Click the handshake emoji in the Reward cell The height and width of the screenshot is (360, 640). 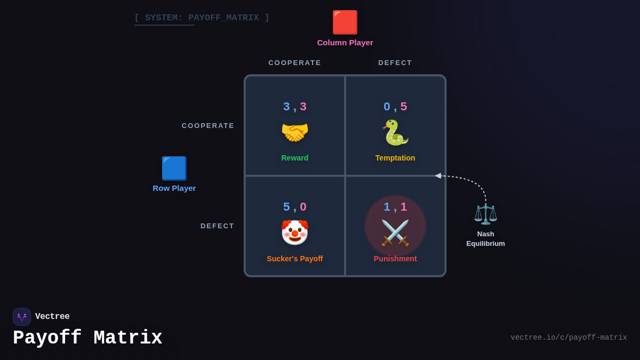pyautogui.click(x=295, y=132)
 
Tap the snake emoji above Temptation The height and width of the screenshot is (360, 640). pyautogui.click(x=395, y=132)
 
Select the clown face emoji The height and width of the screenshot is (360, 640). pyautogui.click(x=295, y=233)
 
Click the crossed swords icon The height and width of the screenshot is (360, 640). pyautogui.click(x=395, y=233)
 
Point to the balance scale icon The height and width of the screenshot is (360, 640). pyautogui.click(x=485, y=214)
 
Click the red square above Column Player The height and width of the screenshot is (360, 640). pyautogui.click(x=345, y=22)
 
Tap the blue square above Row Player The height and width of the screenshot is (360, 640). pyautogui.click(x=174, y=169)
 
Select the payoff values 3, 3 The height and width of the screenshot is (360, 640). pyautogui.click(x=295, y=107)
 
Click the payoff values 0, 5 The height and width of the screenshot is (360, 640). pyautogui.click(x=395, y=107)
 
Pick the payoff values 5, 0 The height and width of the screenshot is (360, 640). pyautogui.click(x=295, y=207)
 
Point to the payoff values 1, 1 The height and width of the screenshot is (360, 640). pyautogui.click(x=395, y=207)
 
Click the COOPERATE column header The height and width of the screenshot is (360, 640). pyautogui.click(x=295, y=63)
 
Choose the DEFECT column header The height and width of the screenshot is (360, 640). pyautogui.click(x=395, y=63)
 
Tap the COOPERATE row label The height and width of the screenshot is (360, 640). pyautogui.click(x=208, y=126)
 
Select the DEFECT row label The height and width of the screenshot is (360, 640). pyautogui.click(x=218, y=226)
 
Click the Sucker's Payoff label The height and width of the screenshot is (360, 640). pyautogui.click(x=295, y=259)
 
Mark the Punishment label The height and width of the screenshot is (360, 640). pyautogui.click(x=395, y=259)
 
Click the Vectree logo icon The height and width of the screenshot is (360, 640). pyautogui.click(x=22, y=317)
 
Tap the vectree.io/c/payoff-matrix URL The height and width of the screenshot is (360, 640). pyautogui.click(x=569, y=338)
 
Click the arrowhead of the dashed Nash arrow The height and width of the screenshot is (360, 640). pyautogui.click(x=438, y=175)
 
